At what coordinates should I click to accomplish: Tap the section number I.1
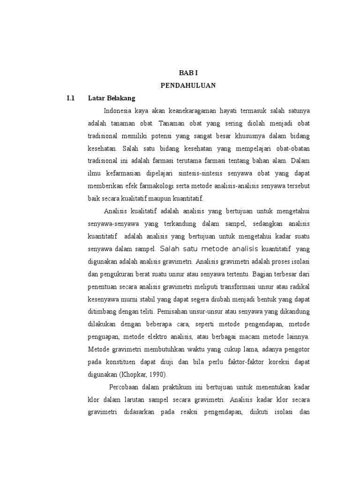coord(71,98)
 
